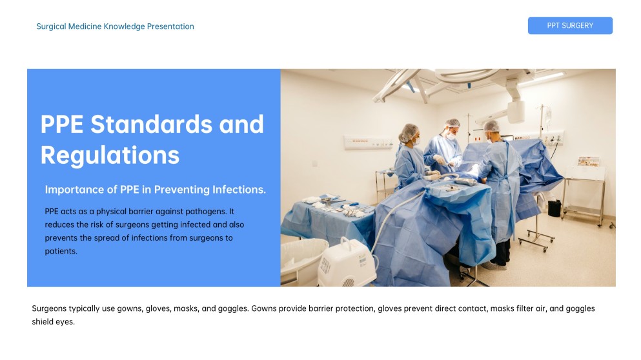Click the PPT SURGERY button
pos(570,26)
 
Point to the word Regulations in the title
pos(110,155)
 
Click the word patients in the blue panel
pos(61,252)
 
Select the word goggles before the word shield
pos(579,308)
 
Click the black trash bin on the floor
pos(555,208)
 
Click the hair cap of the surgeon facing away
pos(492,126)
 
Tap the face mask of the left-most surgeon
pos(416,139)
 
